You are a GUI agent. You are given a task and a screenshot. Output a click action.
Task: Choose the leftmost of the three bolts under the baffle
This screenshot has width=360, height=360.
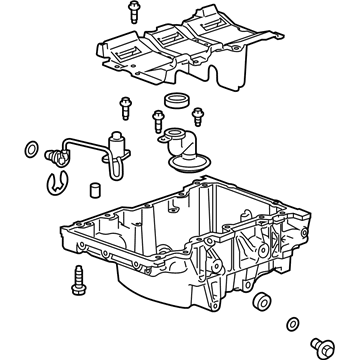point(125,106)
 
